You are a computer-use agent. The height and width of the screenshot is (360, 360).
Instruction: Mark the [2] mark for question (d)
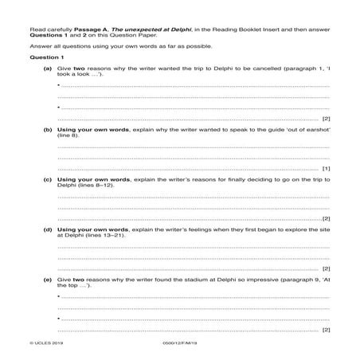326,268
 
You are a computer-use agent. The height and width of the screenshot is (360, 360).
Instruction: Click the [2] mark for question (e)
326,328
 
